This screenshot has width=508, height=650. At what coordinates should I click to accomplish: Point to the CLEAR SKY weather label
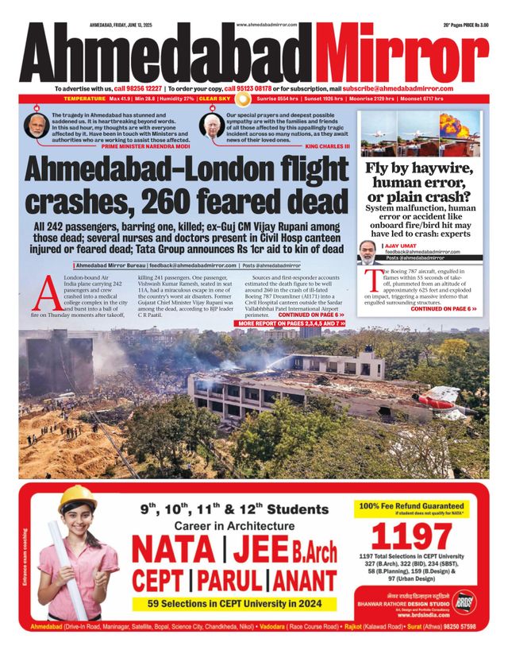point(214,99)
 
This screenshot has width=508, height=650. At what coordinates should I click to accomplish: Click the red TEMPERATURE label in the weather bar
point(83,99)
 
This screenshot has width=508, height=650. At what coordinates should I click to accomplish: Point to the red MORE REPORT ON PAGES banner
point(291,324)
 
